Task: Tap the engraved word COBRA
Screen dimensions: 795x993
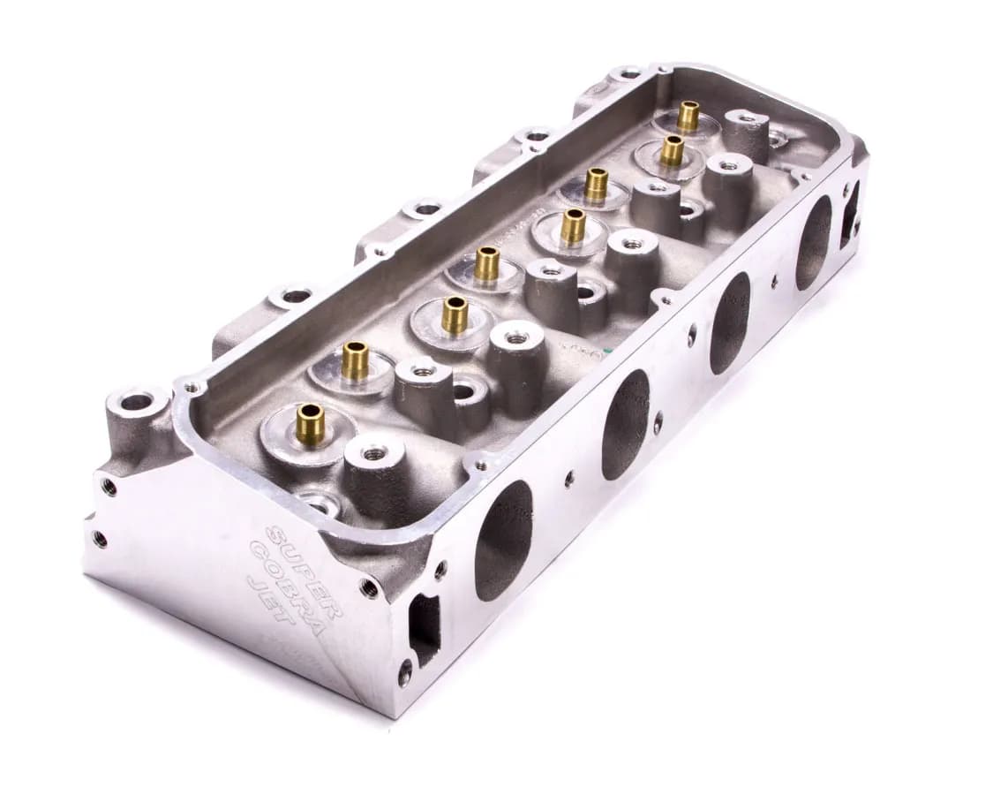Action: click(277, 573)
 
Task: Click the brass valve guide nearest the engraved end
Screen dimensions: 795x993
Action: click(310, 423)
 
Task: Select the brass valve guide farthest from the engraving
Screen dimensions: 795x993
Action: click(688, 116)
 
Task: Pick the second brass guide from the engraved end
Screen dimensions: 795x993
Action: click(356, 360)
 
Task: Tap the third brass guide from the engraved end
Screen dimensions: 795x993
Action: click(455, 314)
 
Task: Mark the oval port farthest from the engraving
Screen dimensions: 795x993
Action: click(813, 242)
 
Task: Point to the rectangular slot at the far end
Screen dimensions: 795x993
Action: click(849, 212)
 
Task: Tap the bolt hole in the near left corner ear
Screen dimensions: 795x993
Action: click(137, 402)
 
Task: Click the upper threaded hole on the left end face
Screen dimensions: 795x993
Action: click(109, 485)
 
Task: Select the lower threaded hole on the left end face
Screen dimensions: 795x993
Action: click(99, 538)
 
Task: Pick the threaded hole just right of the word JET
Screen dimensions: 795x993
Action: click(369, 587)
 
